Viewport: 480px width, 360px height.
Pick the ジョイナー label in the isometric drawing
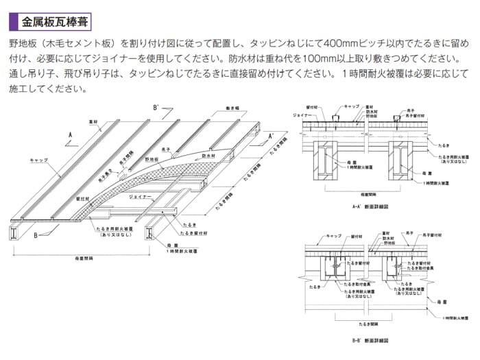[140, 197]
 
